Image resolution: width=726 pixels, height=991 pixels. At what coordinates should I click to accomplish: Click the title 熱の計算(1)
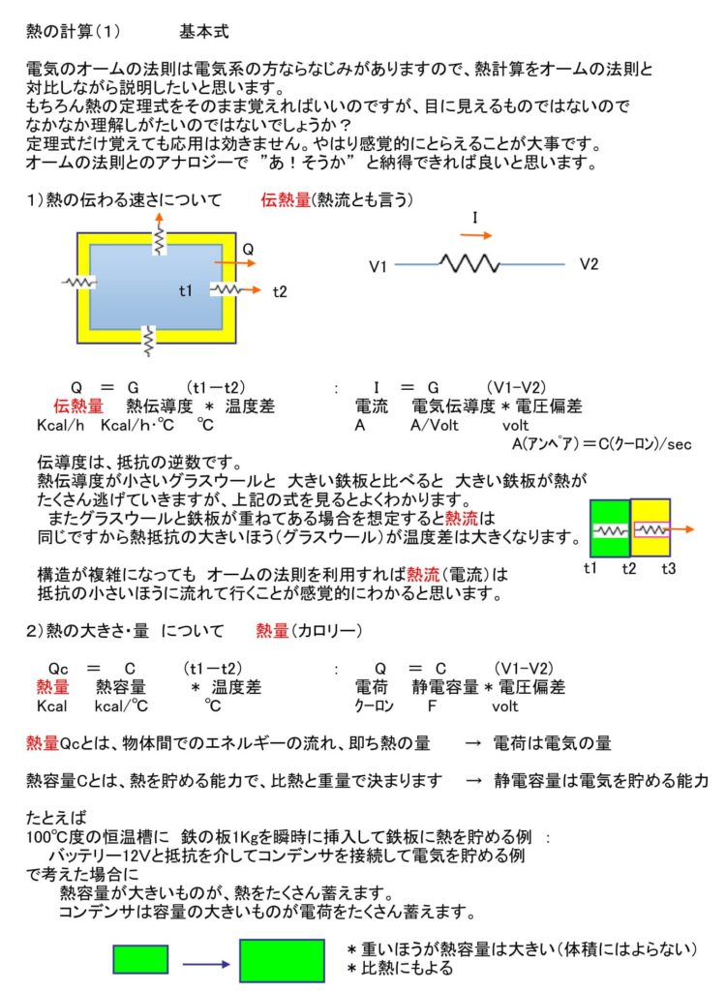coord(74,32)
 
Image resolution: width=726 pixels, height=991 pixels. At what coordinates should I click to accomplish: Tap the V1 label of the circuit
coord(378,264)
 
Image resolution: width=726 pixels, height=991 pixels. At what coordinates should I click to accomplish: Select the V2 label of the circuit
coord(590,263)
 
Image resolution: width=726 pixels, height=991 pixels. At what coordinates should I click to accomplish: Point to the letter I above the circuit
coord(474,219)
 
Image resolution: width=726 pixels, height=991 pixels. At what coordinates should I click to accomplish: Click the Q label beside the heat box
coord(248,250)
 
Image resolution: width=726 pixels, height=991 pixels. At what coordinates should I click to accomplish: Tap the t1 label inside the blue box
coord(186,290)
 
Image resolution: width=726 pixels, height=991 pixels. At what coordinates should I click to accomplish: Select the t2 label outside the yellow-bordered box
coord(280,290)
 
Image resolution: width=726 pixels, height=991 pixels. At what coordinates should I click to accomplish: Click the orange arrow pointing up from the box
coord(157,221)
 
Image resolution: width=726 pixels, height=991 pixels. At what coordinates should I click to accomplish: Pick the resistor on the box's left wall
coord(79,282)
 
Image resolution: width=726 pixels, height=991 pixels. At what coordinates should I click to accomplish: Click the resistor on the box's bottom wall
coord(148,340)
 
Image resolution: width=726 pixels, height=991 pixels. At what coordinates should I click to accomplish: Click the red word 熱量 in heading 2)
coord(272,631)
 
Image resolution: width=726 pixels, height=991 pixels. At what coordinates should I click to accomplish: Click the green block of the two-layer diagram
coord(610,528)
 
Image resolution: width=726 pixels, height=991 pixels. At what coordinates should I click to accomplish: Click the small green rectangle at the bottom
coord(140,958)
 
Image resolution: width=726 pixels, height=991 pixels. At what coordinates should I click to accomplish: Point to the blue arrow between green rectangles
coord(204,963)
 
